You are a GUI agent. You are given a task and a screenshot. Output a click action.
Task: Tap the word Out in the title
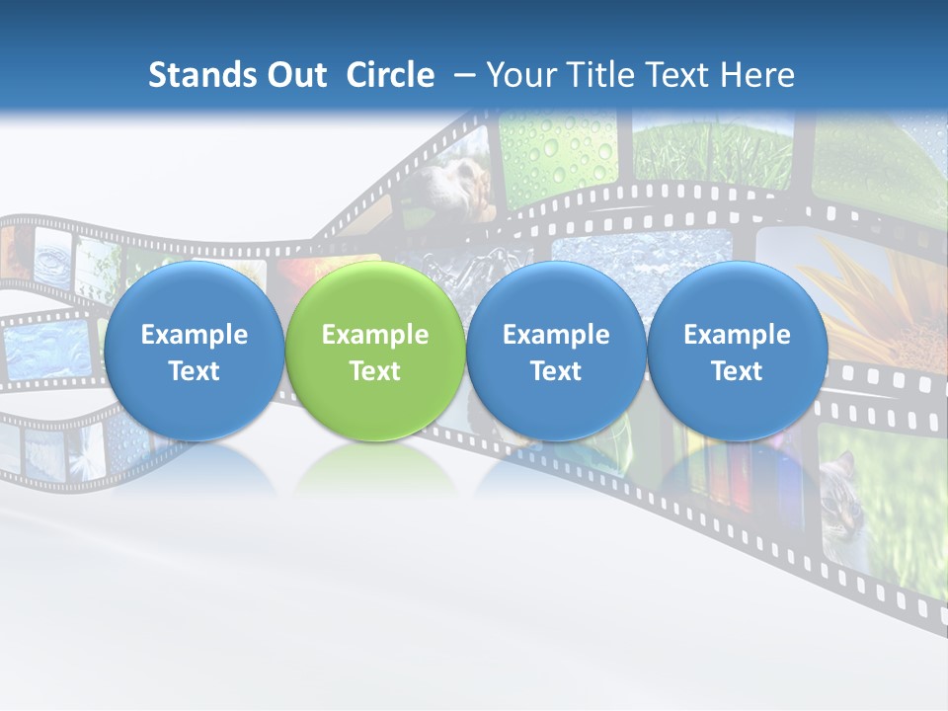[293, 75]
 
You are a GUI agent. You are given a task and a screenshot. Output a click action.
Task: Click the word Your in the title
[519, 75]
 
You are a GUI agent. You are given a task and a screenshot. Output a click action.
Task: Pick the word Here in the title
[757, 75]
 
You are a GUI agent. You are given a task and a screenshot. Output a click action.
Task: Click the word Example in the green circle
[375, 335]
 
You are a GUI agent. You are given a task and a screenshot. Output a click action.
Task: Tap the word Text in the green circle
[375, 371]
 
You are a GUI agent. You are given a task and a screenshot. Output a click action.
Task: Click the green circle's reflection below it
[375, 464]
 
